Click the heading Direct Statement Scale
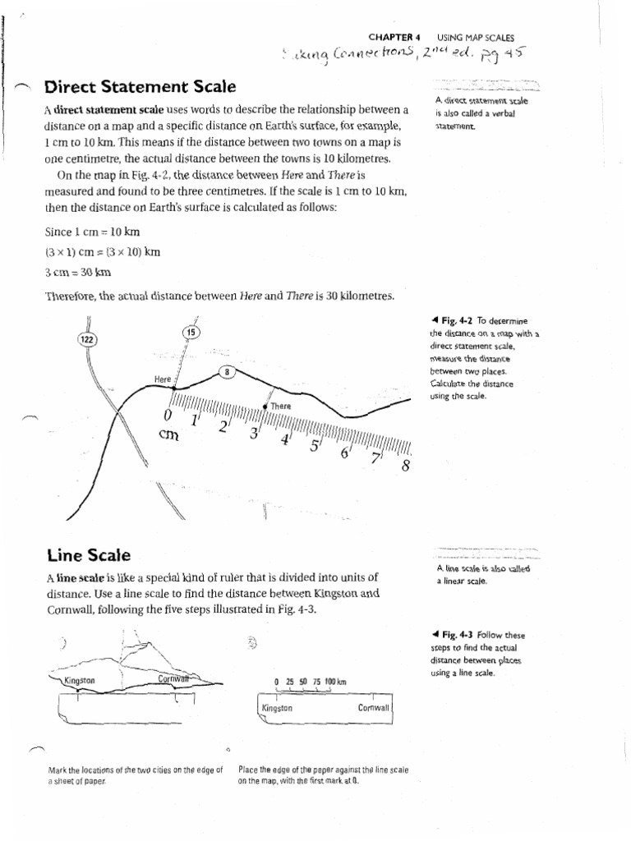[x=140, y=86]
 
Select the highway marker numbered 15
[x=191, y=332]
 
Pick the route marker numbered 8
[x=226, y=372]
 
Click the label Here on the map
[x=163, y=379]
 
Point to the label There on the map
[x=280, y=406]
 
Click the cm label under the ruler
[x=169, y=436]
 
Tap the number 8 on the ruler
[x=405, y=467]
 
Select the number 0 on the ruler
[x=168, y=415]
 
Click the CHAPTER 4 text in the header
[x=394, y=37]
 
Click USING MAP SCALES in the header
[x=476, y=37]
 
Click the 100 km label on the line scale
[x=336, y=682]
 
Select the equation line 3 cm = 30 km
[x=78, y=272]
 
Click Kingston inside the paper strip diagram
[x=277, y=707]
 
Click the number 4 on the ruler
[x=285, y=439]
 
